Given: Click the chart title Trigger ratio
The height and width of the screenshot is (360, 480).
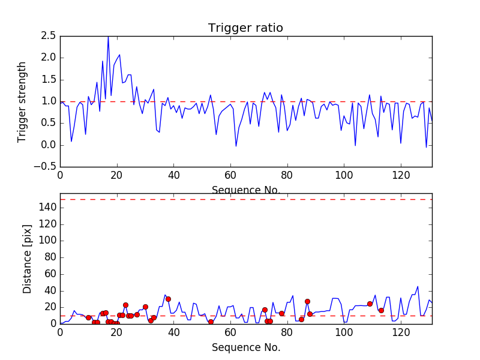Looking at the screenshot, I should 245,28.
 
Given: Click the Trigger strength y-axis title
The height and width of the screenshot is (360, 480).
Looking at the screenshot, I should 22,101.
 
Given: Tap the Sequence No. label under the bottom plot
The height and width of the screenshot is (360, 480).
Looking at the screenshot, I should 245,347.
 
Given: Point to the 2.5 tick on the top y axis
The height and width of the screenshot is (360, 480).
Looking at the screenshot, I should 49,36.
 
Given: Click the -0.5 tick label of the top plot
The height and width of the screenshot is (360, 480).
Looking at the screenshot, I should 46,167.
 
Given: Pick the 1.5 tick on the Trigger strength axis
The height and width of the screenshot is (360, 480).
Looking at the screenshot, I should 49,80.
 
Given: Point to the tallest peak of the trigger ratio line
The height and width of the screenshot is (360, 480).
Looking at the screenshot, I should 108,37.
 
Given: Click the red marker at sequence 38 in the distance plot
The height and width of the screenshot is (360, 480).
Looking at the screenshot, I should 168,299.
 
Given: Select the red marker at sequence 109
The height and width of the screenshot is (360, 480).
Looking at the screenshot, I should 370,304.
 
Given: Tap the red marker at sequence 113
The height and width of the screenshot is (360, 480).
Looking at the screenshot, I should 381,310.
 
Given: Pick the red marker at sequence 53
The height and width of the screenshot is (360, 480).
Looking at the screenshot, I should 211,322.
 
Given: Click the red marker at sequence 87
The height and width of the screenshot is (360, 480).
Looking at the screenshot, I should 307,301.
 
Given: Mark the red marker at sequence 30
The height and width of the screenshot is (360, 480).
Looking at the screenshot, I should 145,307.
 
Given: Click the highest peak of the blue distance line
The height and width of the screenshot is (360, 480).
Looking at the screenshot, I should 418,286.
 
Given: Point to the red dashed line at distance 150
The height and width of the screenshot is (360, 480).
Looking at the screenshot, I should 245,199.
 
